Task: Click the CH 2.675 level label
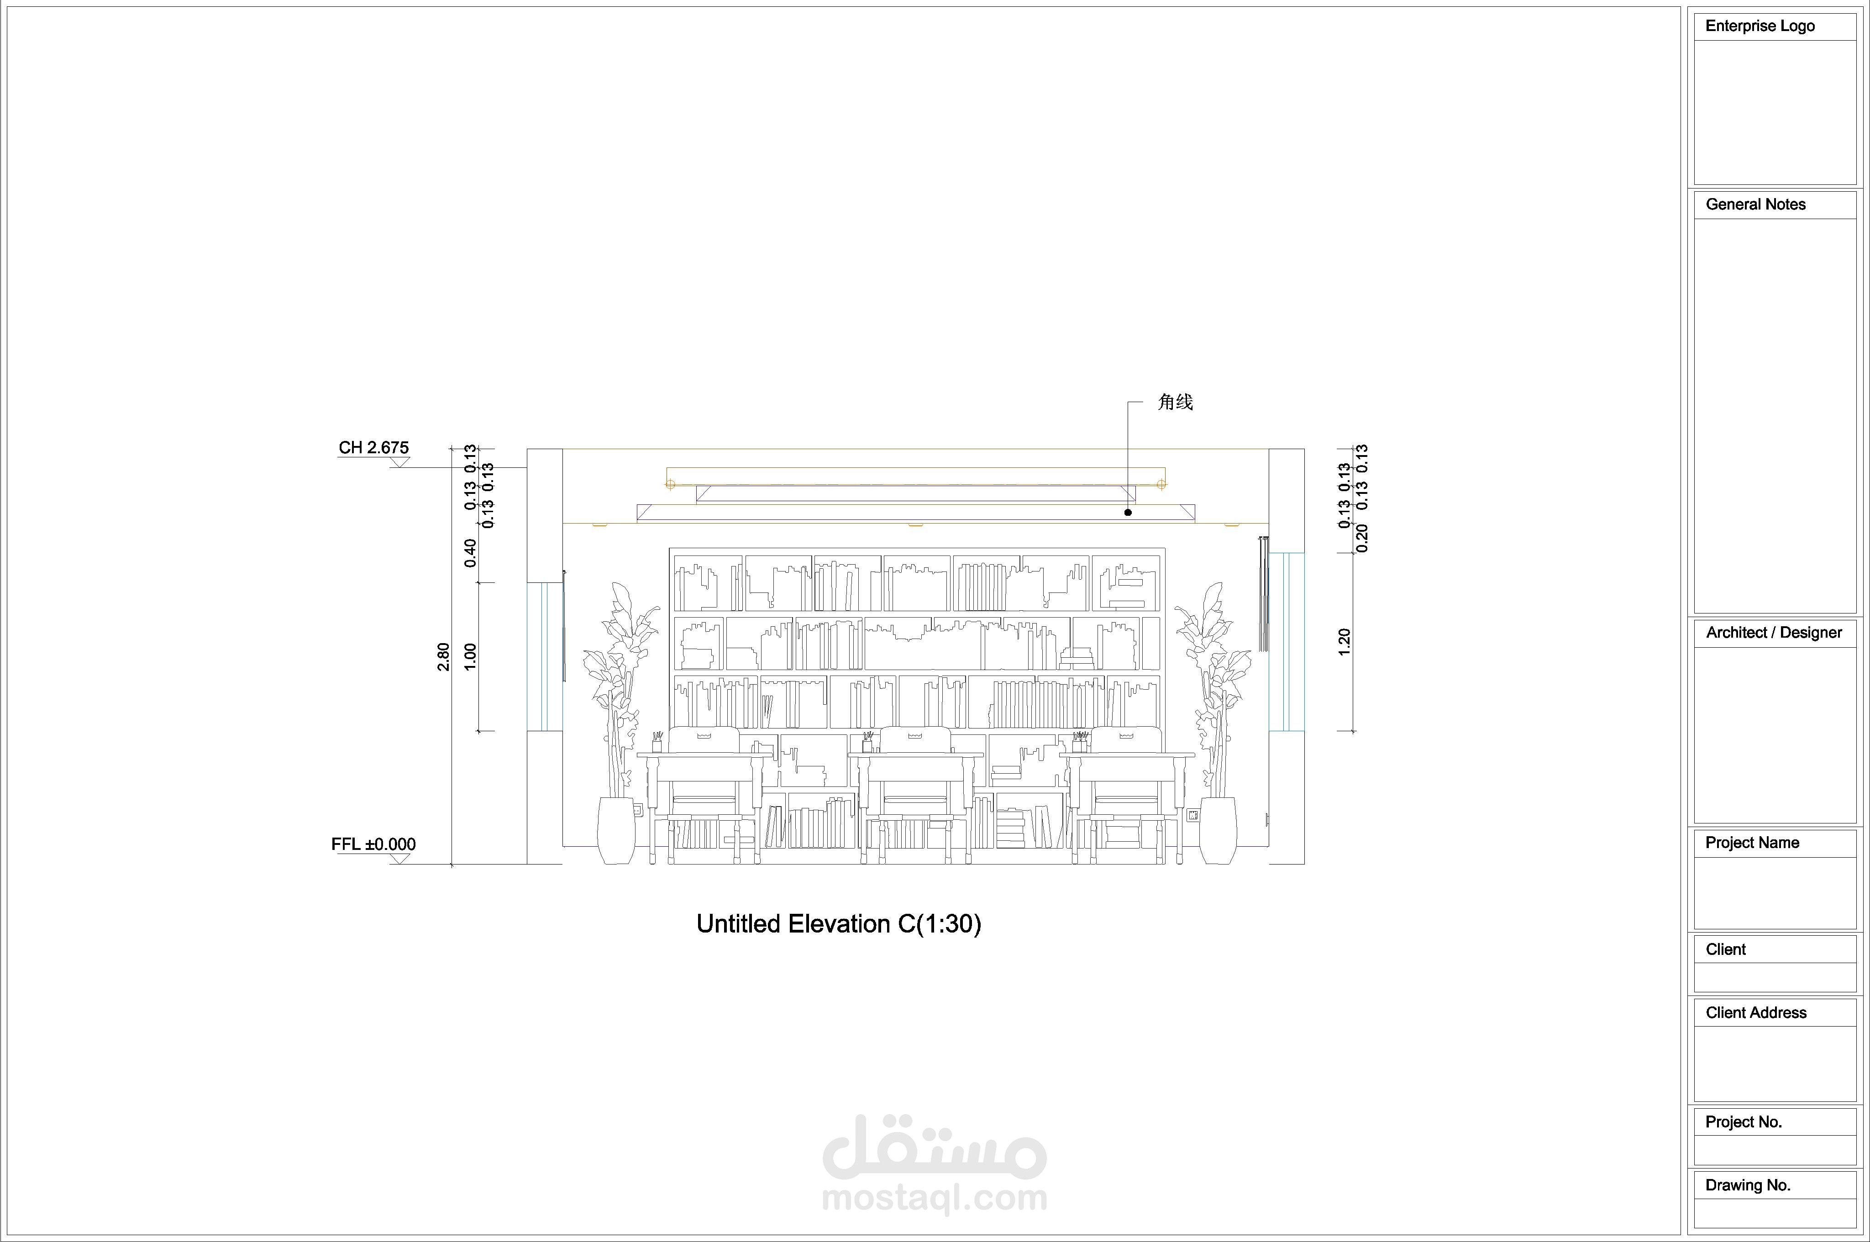point(374,447)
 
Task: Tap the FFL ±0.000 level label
point(373,844)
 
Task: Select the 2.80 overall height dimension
point(444,657)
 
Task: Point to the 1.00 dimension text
point(470,657)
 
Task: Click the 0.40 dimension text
point(470,553)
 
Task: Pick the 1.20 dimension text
point(1344,642)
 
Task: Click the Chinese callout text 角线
point(1176,403)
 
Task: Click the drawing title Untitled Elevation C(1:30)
point(839,924)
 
